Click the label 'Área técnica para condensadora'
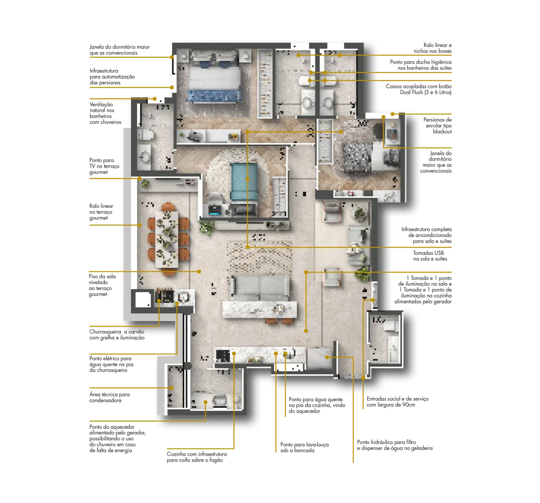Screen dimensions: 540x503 [110, 397]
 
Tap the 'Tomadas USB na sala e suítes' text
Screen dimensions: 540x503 [430, 256]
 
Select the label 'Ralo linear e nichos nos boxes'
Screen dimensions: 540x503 [433, 48]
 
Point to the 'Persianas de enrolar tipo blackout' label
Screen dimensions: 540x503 [437, 125]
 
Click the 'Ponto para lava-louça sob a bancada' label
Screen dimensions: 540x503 [305, 447]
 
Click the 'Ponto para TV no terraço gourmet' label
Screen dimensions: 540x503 [104, 166]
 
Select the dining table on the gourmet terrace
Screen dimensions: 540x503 [167, 239]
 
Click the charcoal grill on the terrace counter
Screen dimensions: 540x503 [165, 296]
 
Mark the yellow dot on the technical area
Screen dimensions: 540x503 [172, 388]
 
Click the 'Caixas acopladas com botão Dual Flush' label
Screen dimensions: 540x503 [418, 89]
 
